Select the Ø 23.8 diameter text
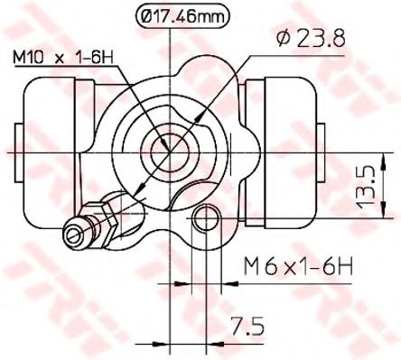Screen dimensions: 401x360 (x=311, y=39)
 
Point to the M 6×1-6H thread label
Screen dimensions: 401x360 (x=298, y=266)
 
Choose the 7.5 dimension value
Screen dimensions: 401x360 (x=247, y=327)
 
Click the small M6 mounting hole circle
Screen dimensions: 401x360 (x=206, y=218)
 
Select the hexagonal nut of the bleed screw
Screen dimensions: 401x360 (x=106, y=221)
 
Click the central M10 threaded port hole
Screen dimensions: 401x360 (x=170, y=152)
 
